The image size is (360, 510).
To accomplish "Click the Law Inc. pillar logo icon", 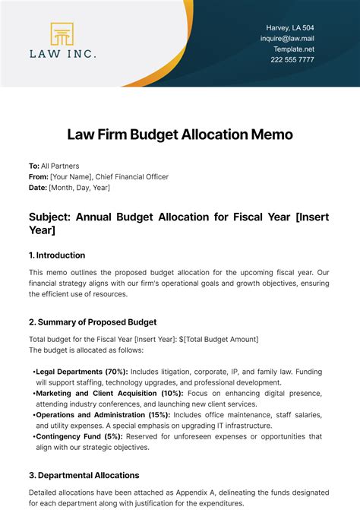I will pyautogui.click(x=62, y=34).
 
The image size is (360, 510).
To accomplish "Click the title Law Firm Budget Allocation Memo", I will pyautogui.click(x=179, y=135).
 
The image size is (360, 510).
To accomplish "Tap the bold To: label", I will pyautogui.click(x=34, y=166).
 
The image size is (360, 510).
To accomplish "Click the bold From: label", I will pyautogui.click(x=39, y=176).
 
